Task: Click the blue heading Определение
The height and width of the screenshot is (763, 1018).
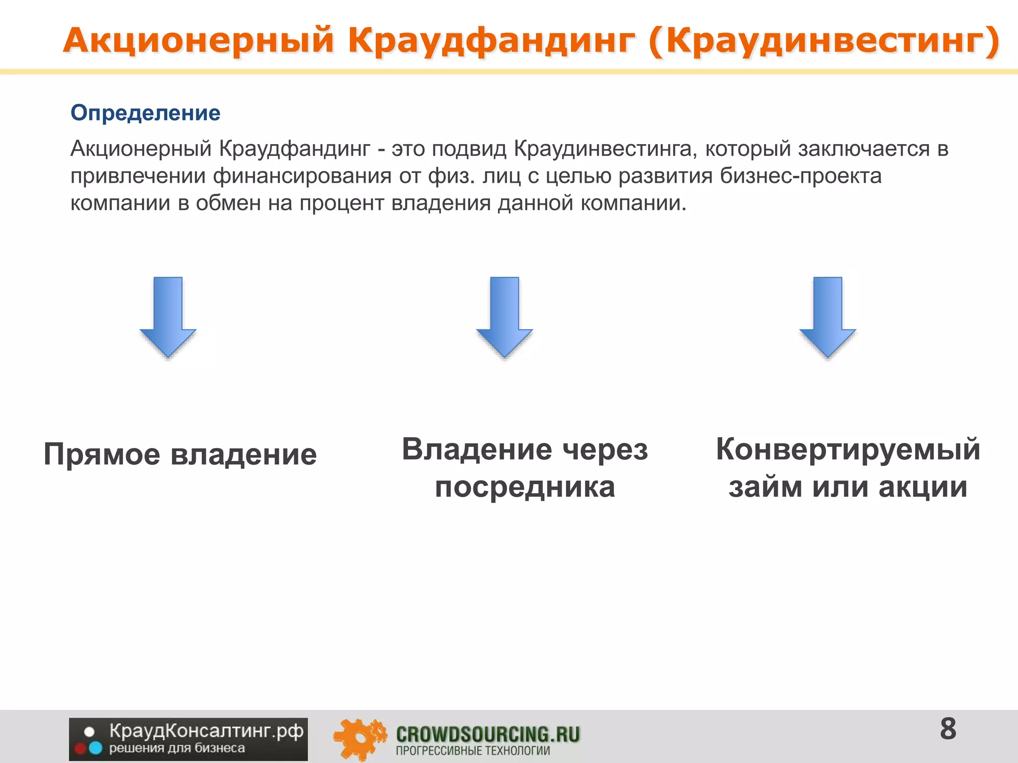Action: pyautogui.click(x=145, y=113)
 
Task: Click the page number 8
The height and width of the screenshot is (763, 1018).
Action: pyautogui.click(x=948, y=729)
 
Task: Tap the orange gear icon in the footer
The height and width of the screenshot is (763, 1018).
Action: pyautogui.click(x=359, y=738)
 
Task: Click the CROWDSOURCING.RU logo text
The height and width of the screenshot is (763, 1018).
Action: pyautogui.click(x=488, y=734)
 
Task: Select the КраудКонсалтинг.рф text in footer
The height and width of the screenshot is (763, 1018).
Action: pyautogui.click(x=206, y=731)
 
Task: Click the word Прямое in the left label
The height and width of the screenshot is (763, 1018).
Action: pyautogui.click(x=102, y=455)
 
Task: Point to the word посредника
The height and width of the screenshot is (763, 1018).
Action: pyautogui.click(x=525, y=487)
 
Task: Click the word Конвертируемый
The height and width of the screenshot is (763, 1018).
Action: pyautogui.click(x=848, y=450)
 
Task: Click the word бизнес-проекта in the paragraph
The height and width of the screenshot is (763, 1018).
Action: pyautogui.click(x=801, y=176)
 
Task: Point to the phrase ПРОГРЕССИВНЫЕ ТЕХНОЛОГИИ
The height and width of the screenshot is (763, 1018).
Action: pyautogui.click(x=473, y=751)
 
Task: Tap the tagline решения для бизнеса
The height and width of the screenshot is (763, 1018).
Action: pyautogui.click(x=177, y=748)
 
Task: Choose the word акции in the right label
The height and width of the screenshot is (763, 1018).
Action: pyautogui.click(x=923, y=487)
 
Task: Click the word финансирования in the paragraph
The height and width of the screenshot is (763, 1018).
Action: pyautogui.click(x=302, y=176)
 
